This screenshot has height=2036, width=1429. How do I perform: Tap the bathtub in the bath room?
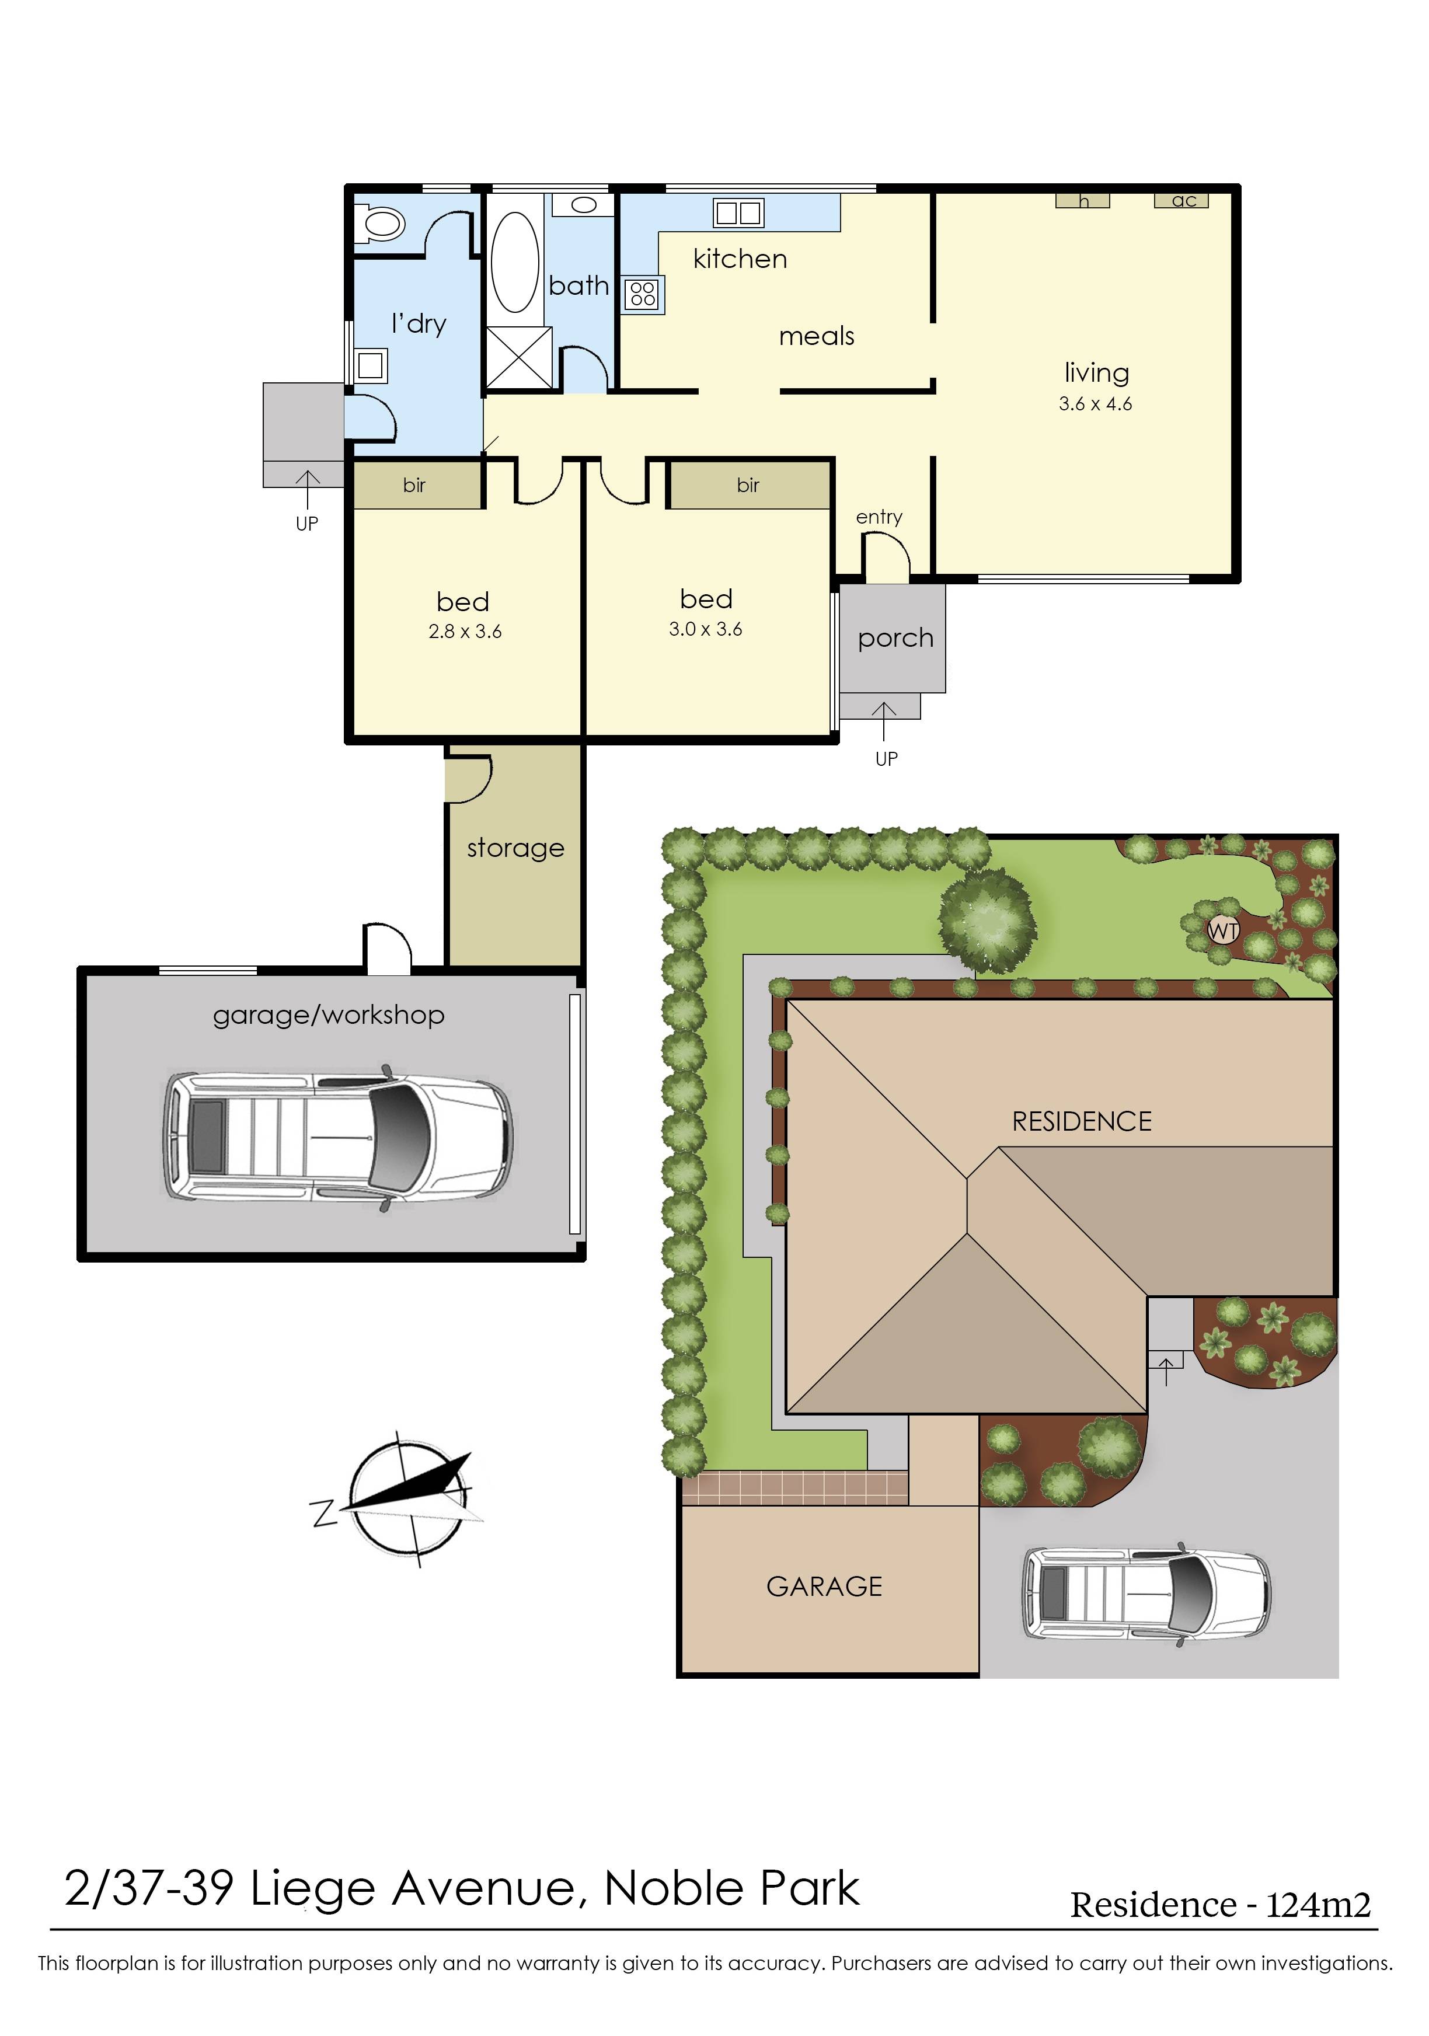[514, 261]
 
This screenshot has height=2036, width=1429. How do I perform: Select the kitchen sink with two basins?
[738, 213]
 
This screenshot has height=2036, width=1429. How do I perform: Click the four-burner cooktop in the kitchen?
[643, 294]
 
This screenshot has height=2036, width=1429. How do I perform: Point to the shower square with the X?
[519, 357]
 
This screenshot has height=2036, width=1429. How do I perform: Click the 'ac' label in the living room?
[1183, 200]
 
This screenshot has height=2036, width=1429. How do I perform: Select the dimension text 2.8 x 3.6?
[465, 632]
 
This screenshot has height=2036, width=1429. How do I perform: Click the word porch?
[895, 639]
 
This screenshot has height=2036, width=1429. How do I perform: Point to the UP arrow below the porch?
[884, 723]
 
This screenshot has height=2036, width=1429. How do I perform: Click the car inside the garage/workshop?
[337, 1138]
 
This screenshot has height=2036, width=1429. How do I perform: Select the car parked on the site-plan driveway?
[1146, 1594]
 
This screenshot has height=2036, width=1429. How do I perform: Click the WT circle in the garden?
[1223, 931]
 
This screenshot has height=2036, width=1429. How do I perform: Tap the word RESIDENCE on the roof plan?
[1081, 1122]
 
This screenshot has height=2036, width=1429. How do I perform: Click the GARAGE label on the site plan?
[824, 1587]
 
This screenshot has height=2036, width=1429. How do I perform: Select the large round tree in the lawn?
[987, 919]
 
